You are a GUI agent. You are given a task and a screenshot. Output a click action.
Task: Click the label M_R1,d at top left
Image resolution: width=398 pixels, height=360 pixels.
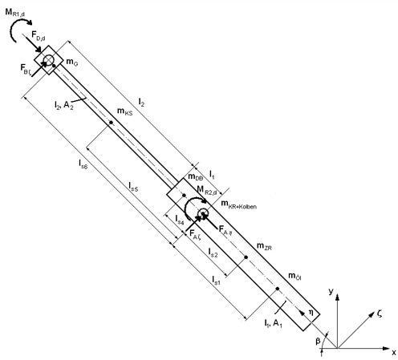pos(14,13)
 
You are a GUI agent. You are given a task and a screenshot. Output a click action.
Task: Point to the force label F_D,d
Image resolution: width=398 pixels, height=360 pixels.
pos(39,35)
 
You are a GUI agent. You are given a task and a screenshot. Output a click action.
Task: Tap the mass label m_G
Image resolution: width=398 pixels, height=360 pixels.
pos(71,62)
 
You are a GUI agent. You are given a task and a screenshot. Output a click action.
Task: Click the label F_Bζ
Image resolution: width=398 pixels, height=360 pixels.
pos(25,69)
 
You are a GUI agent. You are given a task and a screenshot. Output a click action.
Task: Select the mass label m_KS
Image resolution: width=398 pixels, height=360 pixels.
pos(125,111)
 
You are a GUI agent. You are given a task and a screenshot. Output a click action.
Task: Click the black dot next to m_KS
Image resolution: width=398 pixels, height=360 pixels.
pos(111,123)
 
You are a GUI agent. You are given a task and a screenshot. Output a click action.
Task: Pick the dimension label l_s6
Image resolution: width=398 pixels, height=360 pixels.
pos(83,164)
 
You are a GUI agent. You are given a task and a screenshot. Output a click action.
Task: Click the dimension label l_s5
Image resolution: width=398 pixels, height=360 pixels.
pos(133,186)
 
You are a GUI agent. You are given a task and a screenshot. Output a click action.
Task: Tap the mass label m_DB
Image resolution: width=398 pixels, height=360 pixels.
pos(196,177)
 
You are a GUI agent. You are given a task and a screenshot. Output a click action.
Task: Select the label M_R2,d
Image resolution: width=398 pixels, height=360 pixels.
pos(207,190)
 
